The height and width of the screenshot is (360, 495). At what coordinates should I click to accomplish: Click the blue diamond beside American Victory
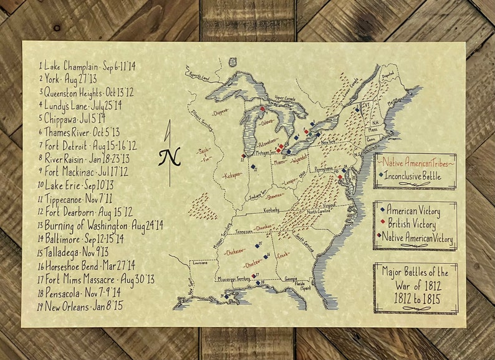382,211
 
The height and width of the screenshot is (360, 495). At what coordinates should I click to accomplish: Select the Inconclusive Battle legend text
418,175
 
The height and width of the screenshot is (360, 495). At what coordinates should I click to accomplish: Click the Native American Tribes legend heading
415,162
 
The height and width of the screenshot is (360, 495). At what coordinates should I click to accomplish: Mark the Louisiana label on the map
199,263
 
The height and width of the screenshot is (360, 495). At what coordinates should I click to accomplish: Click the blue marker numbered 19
223,297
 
